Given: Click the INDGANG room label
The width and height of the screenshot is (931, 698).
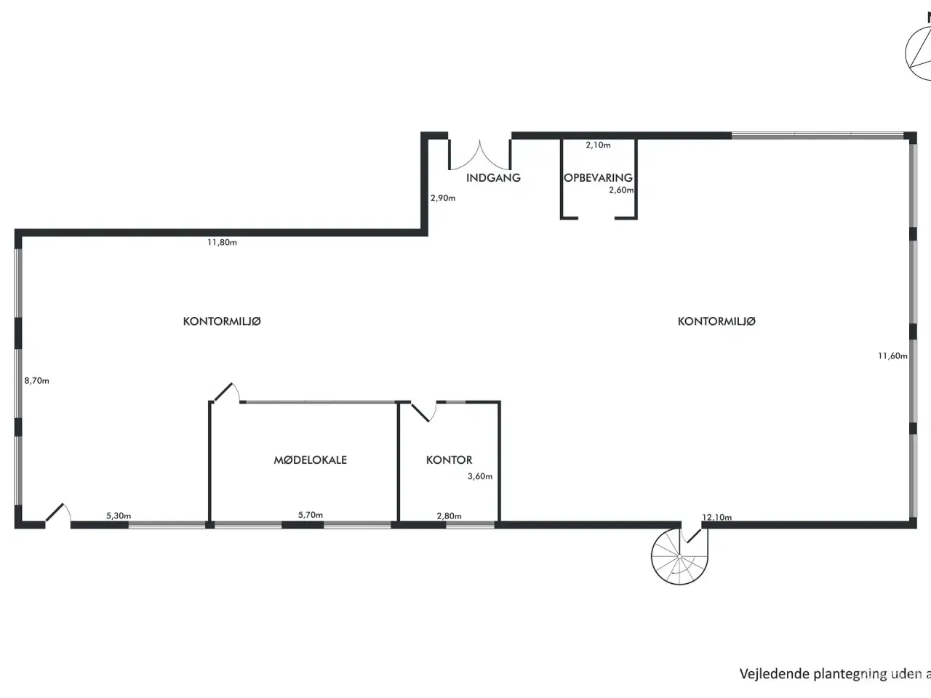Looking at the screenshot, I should [x=493, y=177].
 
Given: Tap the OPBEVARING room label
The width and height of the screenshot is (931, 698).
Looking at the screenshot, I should [x=598, y=177].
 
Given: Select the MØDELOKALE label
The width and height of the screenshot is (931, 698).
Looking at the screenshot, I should [x=310, y=460].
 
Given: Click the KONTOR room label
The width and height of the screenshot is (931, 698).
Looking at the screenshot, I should [x=449, y=460].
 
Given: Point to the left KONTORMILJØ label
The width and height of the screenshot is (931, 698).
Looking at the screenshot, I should [x=222, y=321].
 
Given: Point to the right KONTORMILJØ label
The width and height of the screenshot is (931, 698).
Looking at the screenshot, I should [x=716, y=321].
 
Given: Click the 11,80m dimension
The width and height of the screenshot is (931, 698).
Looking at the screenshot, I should [x=222, y=243].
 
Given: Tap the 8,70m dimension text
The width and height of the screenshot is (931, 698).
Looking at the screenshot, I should [x=36, y=380].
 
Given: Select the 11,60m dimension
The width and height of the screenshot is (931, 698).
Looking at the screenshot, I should [x=892, y=356].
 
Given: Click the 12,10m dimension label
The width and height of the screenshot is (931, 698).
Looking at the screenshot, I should [x=716, y=518].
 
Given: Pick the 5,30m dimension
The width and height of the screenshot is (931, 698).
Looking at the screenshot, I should [x=119, y=516].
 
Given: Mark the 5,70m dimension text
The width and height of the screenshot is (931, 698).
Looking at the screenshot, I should [x=311, y=515].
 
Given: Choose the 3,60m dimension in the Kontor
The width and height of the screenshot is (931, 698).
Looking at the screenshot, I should [x=480, y=477].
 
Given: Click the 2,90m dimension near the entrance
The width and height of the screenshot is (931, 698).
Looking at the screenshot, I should [x=442, y=198].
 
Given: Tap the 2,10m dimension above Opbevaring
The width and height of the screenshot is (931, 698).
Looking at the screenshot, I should [x=598, y=145].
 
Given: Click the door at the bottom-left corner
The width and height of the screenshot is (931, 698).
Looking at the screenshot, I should [x=57, y=513].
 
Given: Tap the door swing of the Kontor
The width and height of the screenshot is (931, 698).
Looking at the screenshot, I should [x=424, y=412].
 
